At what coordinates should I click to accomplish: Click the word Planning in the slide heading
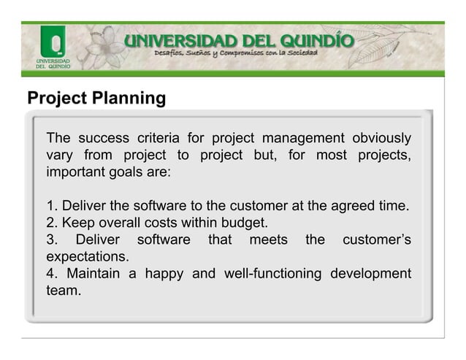tap(128, 98)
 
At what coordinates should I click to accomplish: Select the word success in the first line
tap(105, 139)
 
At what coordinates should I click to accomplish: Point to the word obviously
tap(381, 139)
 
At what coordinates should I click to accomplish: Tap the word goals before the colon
tap(145, 173)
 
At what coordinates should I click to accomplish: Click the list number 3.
tap(51, 240)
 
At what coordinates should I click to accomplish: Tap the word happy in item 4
tap(164, 274)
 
